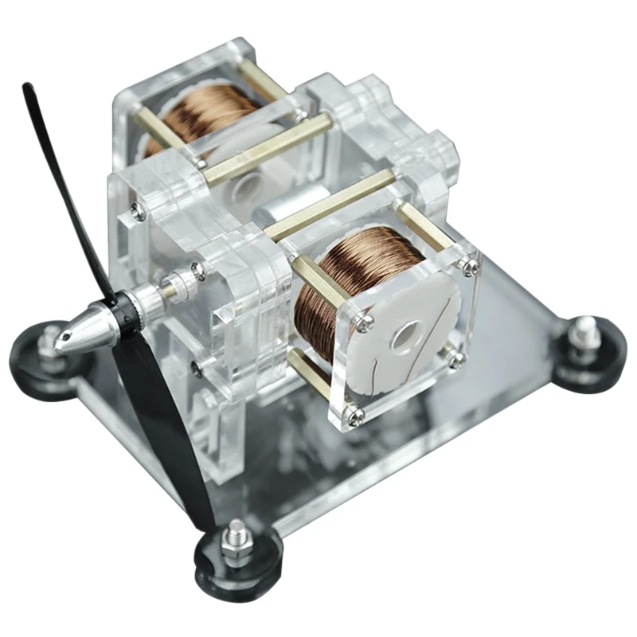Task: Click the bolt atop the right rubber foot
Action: pyautogui.click(x=587, y=328)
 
